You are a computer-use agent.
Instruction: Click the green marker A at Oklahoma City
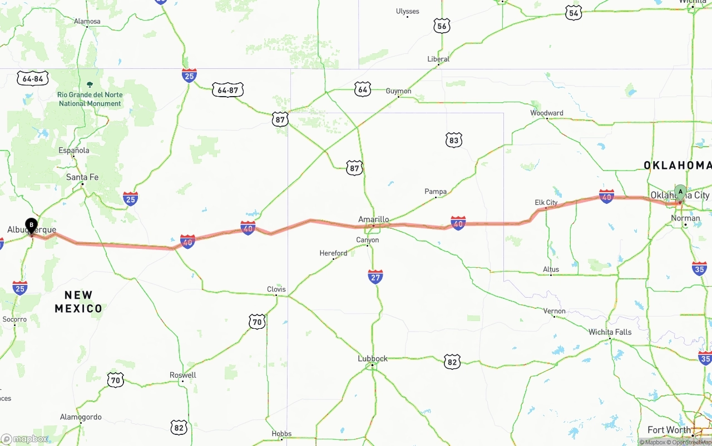pyautogui.click(x=680, y=193)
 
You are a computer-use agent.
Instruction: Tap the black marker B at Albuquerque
pyautogui.click(x=32, y=225)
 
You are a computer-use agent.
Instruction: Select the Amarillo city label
pyautogui.click(x=373, y=219)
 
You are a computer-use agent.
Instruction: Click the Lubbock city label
pyautogui.click(x=373, y=359)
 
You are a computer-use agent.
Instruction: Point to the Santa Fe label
pyautogui.click(x=82, y=177)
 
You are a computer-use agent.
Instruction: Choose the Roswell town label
pyautogui.click(x=183, y=375)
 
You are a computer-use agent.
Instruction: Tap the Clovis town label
pyautogui.click(x=276, y=289)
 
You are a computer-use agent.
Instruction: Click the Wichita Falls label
pyautogui.click(x=610, y=332)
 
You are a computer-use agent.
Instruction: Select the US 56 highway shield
pyautogui.click(x=442, y=26)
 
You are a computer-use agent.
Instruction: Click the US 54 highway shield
pyautogui.click(x=573, y=13)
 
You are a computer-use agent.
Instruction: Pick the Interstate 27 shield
pyautogui.click(x=375, y=277)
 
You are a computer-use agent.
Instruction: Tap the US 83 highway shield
pyautogui.click(x=454, y=141)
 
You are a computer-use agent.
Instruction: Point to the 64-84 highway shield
pyautogui.click(x=33, y=79)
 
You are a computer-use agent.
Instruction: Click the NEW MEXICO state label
pyautogui.click(x=78, y=302)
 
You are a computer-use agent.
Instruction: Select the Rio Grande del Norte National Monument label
pyautogui.click(x=90, y=99)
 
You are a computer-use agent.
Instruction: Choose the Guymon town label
pyautogui.click(x=399, y=91)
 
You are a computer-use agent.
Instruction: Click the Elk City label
pyautogui.click(x=546, y=203)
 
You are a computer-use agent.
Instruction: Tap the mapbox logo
pyautogui.click(x=25, y=439)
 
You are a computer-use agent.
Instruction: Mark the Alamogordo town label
pyautogui.click(x=81, y=417)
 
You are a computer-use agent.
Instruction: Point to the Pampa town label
pyautogui.click(x=436, y=192)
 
